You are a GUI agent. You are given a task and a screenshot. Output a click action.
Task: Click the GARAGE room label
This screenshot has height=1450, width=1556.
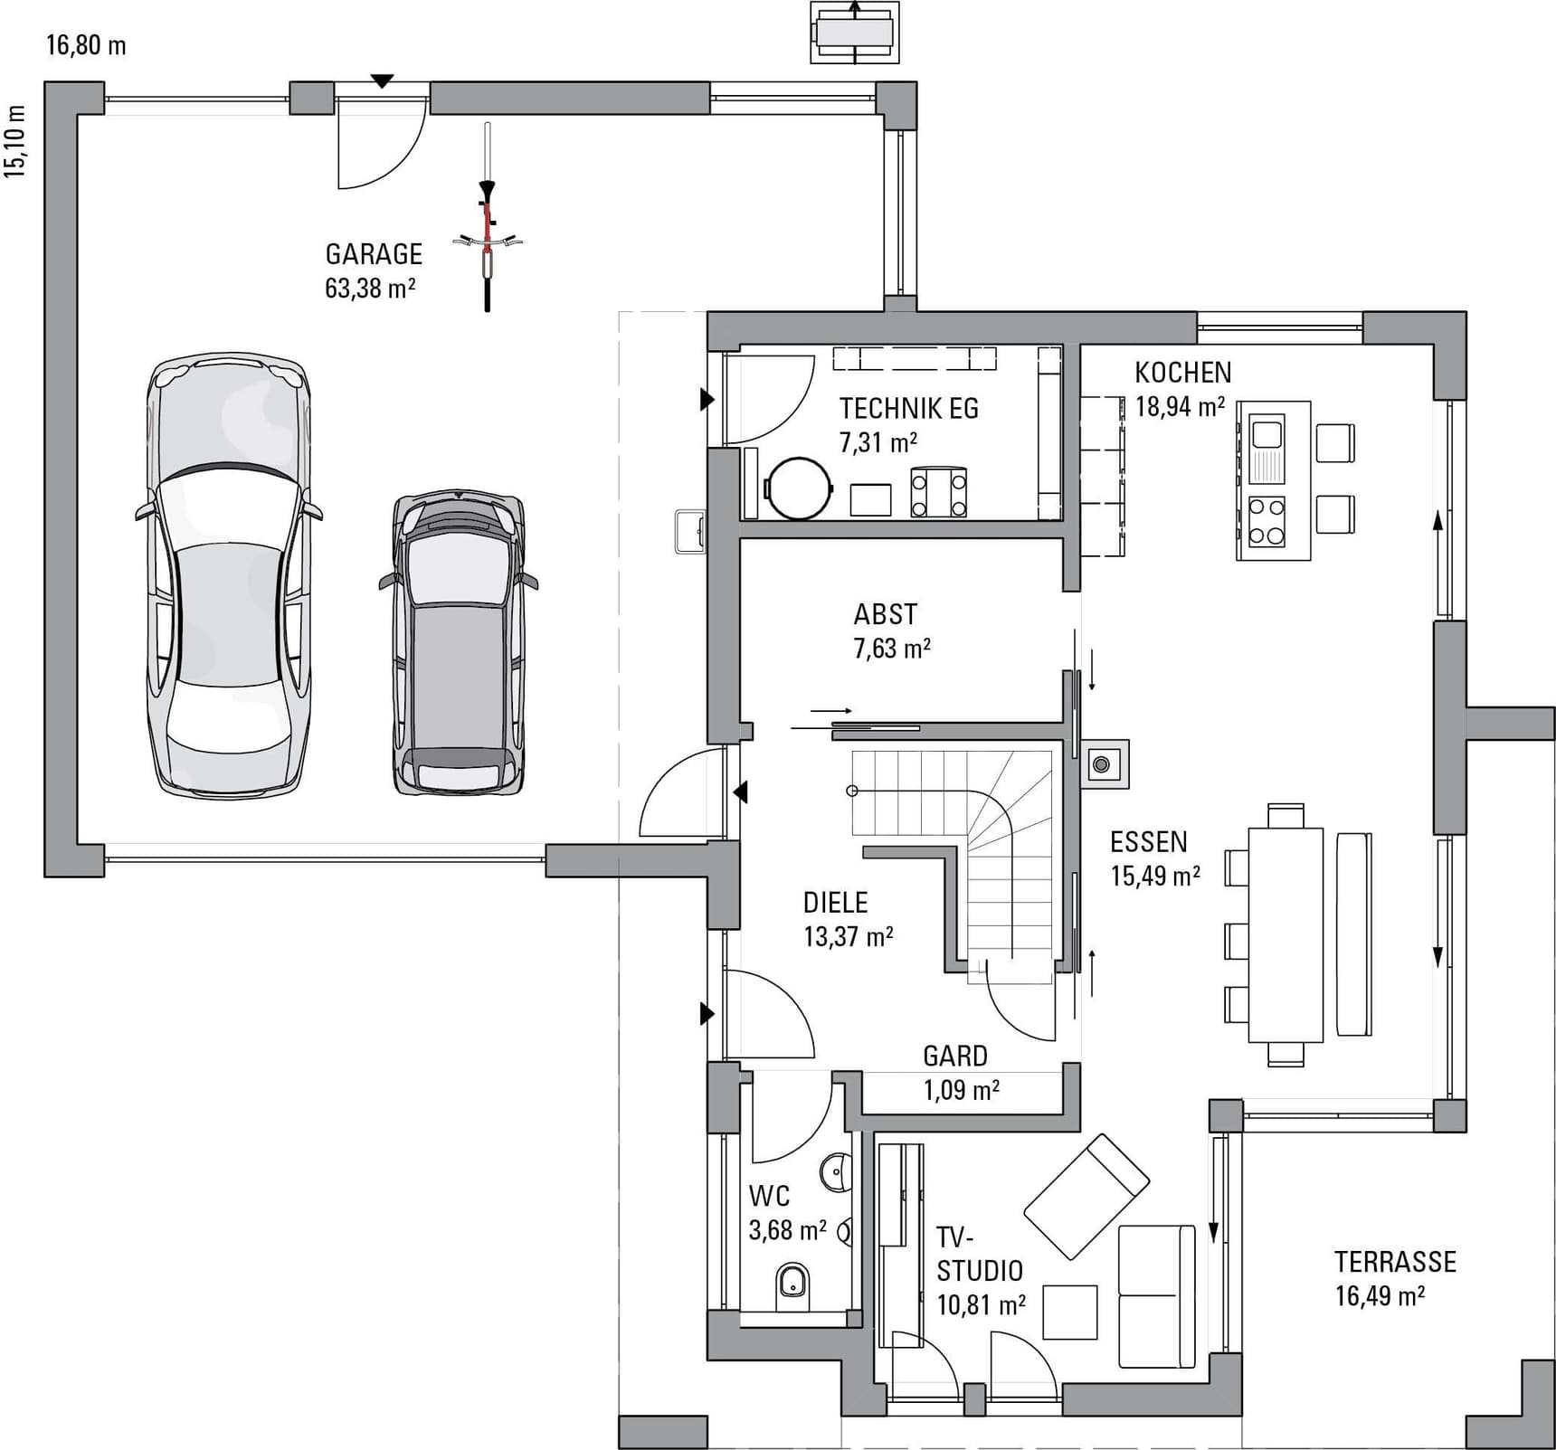[x=374, y=254]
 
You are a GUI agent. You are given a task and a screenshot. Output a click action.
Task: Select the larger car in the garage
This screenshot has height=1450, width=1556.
[x=228, y=576]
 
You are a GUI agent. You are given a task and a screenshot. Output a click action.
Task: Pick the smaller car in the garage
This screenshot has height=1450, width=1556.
[x=459, y=643]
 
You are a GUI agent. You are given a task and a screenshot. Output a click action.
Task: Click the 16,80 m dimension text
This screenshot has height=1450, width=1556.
[x=86, y=45]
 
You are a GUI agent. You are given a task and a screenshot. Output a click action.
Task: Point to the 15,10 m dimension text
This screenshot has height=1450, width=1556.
[x=15, y=142]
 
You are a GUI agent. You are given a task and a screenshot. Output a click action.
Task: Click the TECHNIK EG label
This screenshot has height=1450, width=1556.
[x=908, y=409]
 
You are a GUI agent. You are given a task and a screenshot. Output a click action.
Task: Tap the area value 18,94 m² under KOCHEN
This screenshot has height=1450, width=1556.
[x=1181, y=406]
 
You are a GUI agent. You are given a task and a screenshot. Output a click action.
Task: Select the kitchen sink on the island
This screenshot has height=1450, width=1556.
[x=1267, y=449]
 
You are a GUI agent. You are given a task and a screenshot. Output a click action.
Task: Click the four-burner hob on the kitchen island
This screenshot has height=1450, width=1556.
[x=1267, y=522]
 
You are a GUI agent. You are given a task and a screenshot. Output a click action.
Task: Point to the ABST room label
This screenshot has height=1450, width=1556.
[x=885, y=615]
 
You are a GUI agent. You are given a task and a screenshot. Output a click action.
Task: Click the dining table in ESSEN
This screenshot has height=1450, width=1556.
[x=1286, y=934]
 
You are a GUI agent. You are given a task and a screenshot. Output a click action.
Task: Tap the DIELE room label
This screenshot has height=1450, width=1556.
[x=835, y=903]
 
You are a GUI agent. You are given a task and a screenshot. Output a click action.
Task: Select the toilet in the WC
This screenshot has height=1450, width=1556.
[x=793, y=1288]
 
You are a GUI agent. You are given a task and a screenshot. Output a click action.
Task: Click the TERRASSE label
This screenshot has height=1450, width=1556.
[x=1395, y=1262]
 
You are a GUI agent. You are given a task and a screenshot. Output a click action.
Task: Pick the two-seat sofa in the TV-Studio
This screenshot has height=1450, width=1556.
[x=1157, y=1295]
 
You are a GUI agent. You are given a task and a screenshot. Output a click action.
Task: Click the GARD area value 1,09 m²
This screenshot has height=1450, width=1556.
[x=961, y=1090]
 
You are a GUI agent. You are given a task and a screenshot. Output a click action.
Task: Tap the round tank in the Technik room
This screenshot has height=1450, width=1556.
[x=798, y=488]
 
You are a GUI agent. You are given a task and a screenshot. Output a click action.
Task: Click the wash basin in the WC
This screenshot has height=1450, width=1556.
[x=838, y=1172]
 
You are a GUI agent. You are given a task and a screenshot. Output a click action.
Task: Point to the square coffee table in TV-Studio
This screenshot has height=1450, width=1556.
[x=1070, y=1312]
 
